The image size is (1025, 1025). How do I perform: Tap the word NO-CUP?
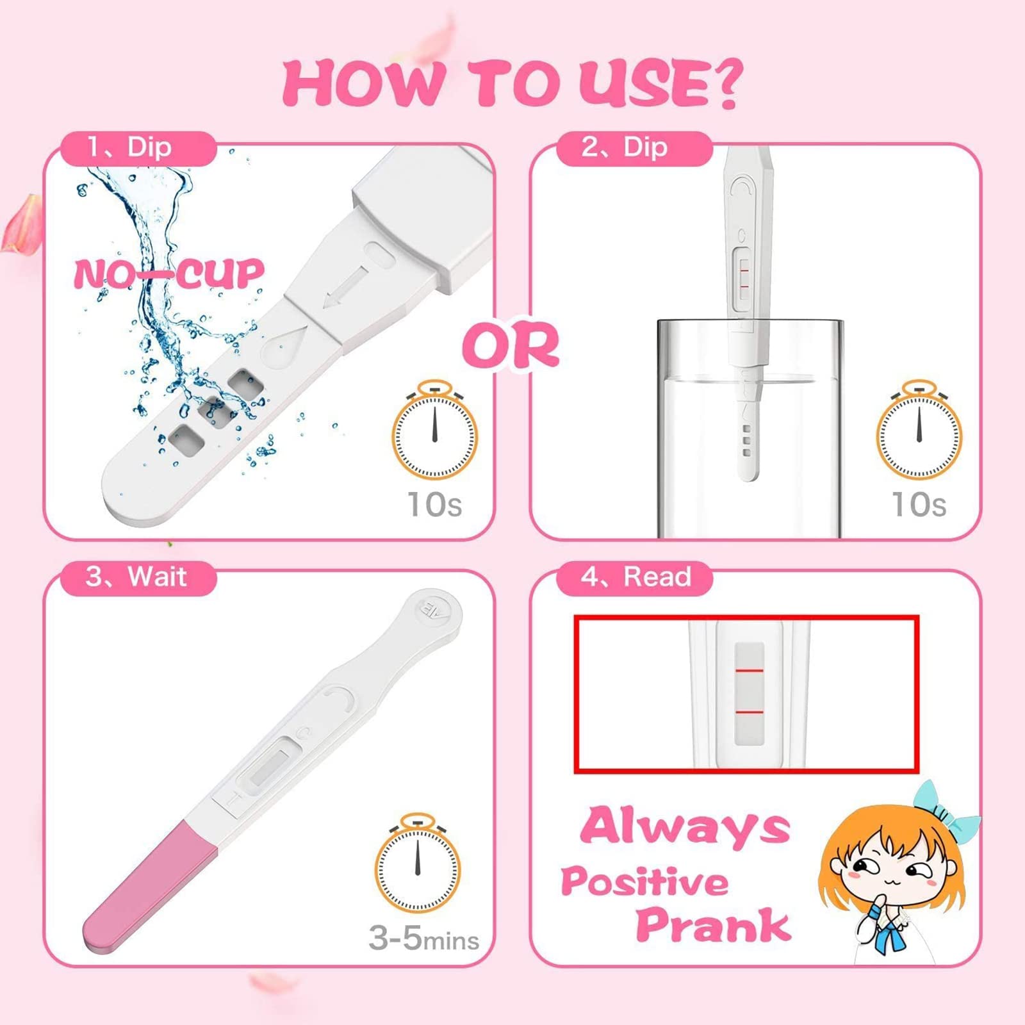point(168,274)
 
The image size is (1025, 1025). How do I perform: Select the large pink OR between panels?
point(511,345)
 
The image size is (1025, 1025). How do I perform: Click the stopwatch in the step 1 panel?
point(434,430)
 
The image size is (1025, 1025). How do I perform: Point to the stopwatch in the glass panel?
point(919,430)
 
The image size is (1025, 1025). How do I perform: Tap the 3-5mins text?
point(423,939)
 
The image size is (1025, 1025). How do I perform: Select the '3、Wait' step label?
point(136,576)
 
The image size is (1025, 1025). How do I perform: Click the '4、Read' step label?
point(635,576)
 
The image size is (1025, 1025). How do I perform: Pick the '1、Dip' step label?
point(130,147)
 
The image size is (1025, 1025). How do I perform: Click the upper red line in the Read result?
point(749,670)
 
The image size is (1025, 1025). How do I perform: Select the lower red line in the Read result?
point(749,712)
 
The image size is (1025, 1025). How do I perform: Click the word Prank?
point(713,925)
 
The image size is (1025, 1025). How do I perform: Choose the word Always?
point(685,827)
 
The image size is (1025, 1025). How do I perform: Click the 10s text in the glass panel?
point(919,504)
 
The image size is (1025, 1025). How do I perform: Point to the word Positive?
point(645,882)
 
